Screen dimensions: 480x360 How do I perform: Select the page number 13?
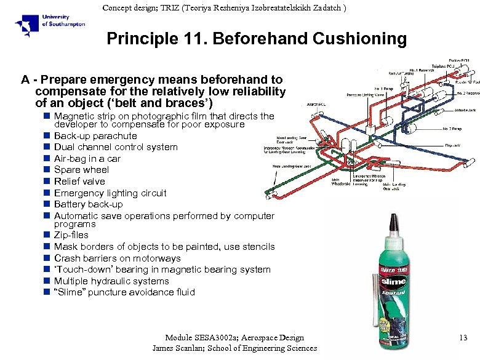click(x=463, y=337)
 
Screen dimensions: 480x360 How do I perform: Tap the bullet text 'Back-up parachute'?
click(x=95, y=135)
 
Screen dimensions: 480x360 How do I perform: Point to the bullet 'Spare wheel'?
click(x=81, y=170)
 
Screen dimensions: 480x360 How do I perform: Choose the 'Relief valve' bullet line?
click(x=79, y=182)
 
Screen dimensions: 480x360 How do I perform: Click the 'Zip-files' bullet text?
click(x=71, y=235)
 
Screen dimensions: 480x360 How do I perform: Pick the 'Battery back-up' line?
click(x=88, y=204)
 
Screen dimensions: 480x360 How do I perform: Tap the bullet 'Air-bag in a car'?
click(x=87, y=159)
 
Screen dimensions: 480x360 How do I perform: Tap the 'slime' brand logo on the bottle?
click(x=393, y=281)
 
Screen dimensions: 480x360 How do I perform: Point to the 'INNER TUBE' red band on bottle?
click(x=392, y=269)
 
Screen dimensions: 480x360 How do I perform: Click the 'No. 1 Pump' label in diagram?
click(x=384, y=89)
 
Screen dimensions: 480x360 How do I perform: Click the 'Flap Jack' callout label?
click(x=452, y=145)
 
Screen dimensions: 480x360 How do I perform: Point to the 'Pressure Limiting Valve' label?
click(x=366, y=95)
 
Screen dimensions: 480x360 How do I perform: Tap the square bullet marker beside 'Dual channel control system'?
click(x=46, y=147)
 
